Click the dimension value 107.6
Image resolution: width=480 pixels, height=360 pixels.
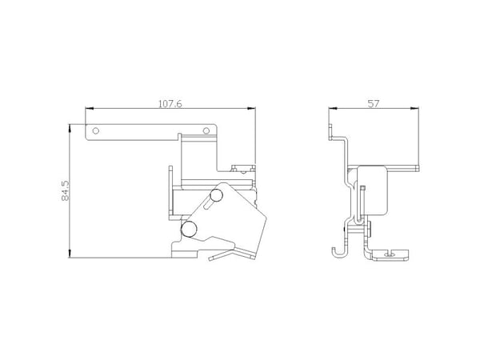(x=170, y=104)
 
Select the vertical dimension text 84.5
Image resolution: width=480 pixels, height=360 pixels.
(x=66, y=190)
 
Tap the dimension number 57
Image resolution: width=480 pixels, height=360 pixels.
(x=373, y=104)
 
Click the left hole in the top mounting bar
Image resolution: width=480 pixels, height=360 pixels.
(x=96, y=131)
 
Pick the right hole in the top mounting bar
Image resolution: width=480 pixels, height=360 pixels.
(x=206, y=131)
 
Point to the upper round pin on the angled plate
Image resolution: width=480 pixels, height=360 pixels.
(x=216, y=196)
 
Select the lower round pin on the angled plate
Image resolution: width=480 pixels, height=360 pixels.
(x=189, y=229)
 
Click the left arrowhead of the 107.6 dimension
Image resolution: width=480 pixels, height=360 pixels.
(x=89, y=108)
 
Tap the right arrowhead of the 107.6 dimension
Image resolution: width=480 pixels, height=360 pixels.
(x=252, y=108)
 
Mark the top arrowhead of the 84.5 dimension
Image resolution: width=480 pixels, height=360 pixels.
(x=70, y=128)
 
